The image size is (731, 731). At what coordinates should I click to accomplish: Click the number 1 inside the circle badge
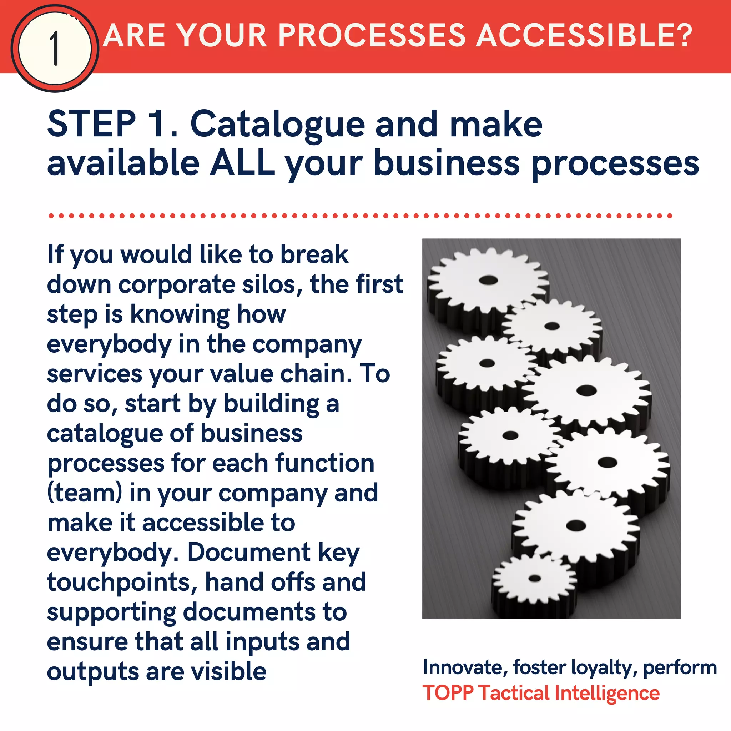coord(55,49)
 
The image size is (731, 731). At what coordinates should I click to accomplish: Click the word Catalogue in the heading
coord(277,125)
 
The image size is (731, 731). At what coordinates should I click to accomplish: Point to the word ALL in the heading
coord(242,163)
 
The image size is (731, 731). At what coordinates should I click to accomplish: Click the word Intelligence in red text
coord(606,693)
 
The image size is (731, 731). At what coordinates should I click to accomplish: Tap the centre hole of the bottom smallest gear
coord(535,578)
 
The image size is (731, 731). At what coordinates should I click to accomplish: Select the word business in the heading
coord(447,163)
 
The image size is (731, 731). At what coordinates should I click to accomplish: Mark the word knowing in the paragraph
coord(180,314)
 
